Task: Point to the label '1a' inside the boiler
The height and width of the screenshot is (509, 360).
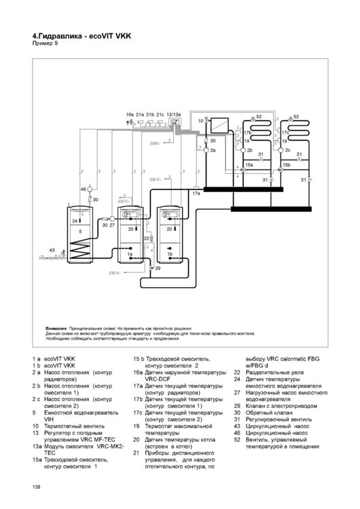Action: (129, 253)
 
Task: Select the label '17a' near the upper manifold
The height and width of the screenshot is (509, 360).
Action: (196, 194)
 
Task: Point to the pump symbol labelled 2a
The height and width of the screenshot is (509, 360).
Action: (205, 150)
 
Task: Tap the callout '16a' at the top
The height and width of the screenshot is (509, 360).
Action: (130, 115)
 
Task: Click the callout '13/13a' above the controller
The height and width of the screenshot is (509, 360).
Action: (173, 115)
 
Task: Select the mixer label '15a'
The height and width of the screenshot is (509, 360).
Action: (249, 164)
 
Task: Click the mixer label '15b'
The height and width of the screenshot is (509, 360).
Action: (287, 164)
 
